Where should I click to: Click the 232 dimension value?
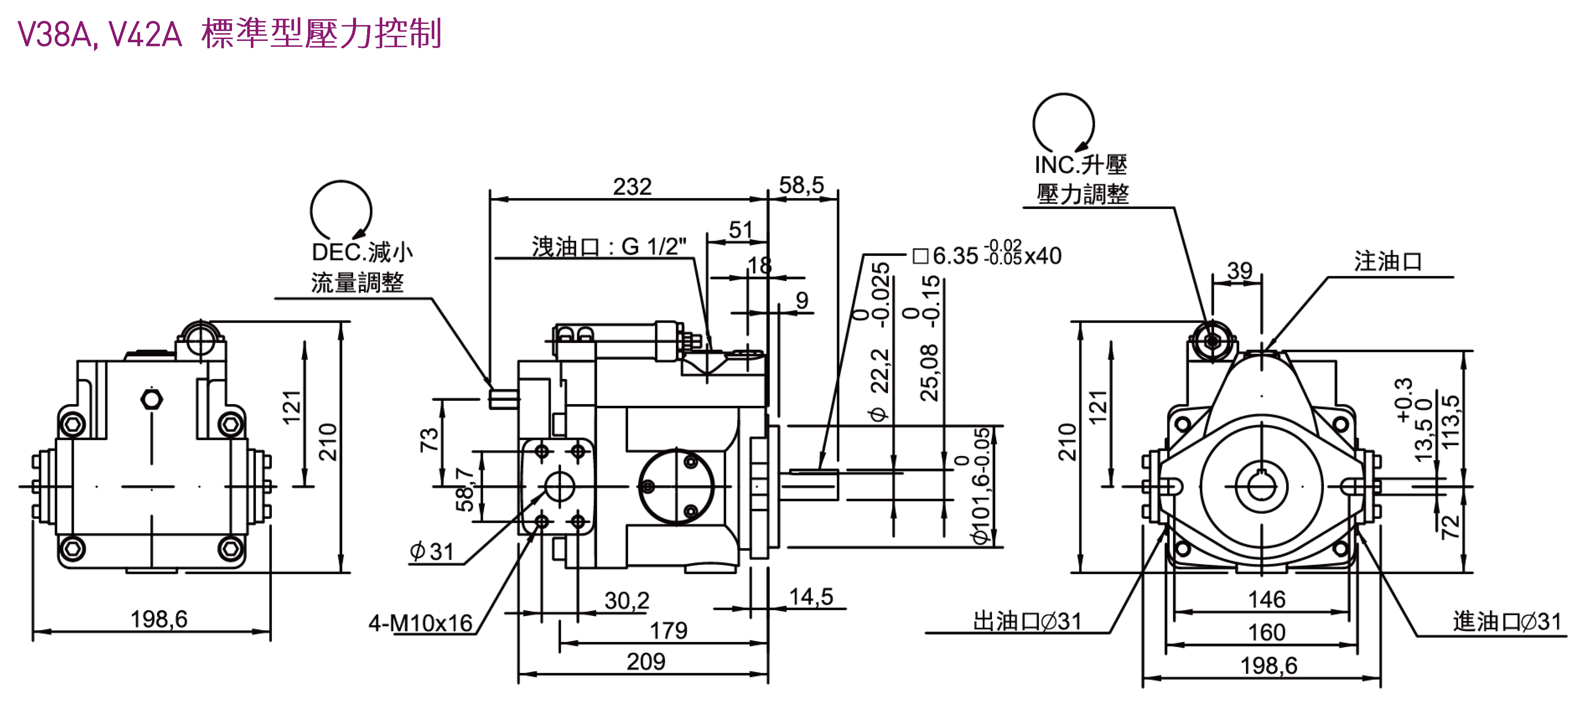[632, 187]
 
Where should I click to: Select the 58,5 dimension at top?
[801, 185]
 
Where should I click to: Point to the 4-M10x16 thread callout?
[420, 623]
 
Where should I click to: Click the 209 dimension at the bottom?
[646, 661]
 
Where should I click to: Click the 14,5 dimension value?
[811, 596]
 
